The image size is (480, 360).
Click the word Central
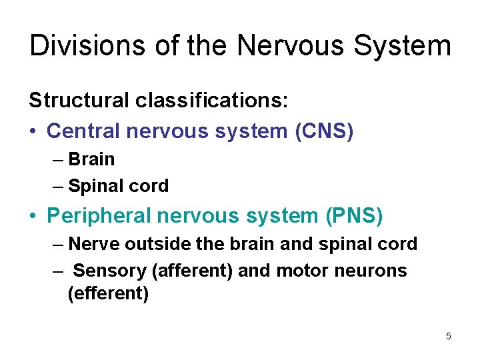[82, 131]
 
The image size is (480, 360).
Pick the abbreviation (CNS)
[324, 131]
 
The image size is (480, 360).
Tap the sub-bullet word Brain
[91, 159]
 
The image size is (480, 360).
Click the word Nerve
[91, 244]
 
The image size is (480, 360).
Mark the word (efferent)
[108, 293]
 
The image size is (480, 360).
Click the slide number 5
[449, 336]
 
